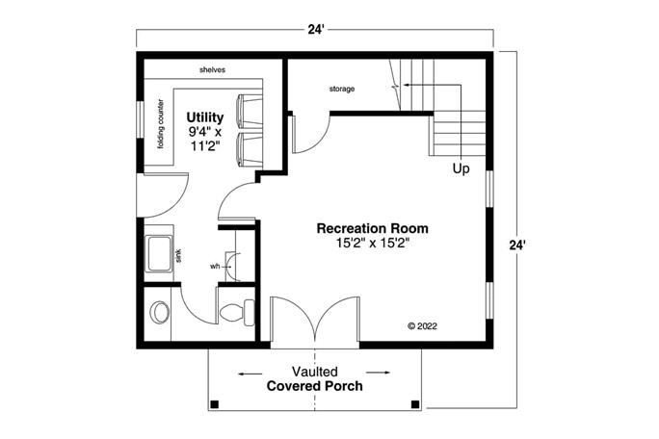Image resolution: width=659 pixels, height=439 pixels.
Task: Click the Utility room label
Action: (x=204, y=117)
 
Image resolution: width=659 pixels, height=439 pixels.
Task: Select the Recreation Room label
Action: (x=373, y=228)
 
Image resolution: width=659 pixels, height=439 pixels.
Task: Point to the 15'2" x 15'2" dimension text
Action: (x=373, y=244)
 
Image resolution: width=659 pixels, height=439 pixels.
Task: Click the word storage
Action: (x=342, y=89)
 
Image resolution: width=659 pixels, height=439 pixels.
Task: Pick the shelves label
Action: (x=213, y=70)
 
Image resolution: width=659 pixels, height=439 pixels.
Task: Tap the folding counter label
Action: (x=161, y=126)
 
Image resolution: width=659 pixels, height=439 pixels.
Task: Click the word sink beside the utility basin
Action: (x=179, y=256)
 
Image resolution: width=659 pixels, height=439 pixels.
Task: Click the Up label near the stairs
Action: (x=461, y=168)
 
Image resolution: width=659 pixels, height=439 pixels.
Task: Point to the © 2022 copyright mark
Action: (x=424, y=326)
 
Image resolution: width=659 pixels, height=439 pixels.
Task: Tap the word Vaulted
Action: (x=315, y=372)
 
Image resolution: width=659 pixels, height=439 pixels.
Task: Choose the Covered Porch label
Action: (x=315, y=387)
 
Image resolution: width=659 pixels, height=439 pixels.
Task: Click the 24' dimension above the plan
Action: (x=316, y=30)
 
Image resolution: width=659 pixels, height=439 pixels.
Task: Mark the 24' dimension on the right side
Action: (x=517, y=245)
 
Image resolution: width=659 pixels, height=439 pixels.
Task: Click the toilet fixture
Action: (x=236, y=312)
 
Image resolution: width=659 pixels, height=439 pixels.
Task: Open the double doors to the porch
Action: (x=315, y=322)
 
